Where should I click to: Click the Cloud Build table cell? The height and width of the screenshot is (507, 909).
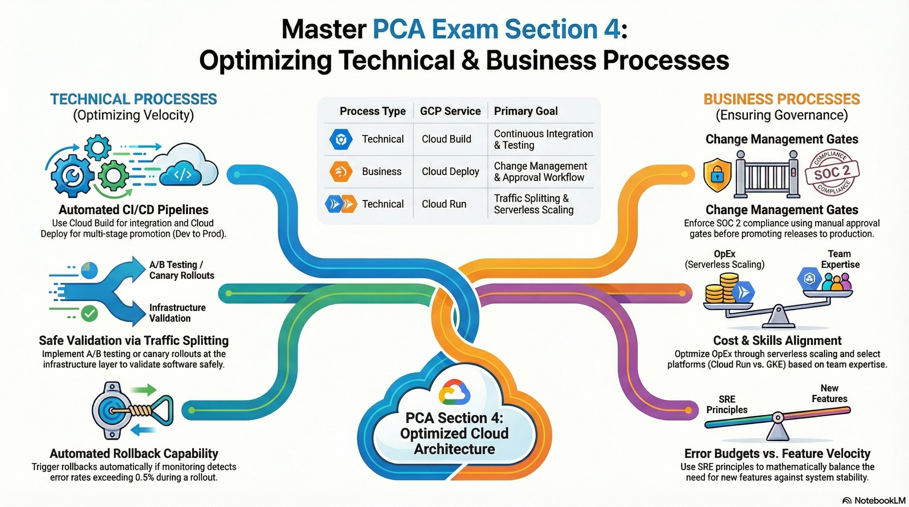click(x=446, y=139)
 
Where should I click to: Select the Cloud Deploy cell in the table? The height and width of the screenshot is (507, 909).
click(x=450, y=171)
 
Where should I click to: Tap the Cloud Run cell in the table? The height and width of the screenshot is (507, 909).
click(x=444, y=204)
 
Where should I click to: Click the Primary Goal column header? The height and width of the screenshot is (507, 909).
click(x=526, y=111)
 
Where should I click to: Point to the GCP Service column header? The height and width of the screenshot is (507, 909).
click(x=450, y=111)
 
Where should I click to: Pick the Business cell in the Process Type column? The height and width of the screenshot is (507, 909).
click(x=382, y=171)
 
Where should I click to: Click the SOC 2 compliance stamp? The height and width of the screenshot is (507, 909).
click(x=832, y=172)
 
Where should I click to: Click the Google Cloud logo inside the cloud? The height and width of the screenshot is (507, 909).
click(x=454, y=391)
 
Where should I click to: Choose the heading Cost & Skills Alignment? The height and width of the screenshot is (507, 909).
click(x=778, y=340)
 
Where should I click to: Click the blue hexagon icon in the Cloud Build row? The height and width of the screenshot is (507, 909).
click(x=341, y=139)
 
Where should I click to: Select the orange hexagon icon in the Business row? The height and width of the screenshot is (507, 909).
click(x=341, y=172)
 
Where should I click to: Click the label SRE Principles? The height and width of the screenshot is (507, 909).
click(x=727, y=404)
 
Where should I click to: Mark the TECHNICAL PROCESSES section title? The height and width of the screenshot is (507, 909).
click(x=134, y=99)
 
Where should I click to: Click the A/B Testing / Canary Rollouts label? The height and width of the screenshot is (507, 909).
click(x=182, y=270)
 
